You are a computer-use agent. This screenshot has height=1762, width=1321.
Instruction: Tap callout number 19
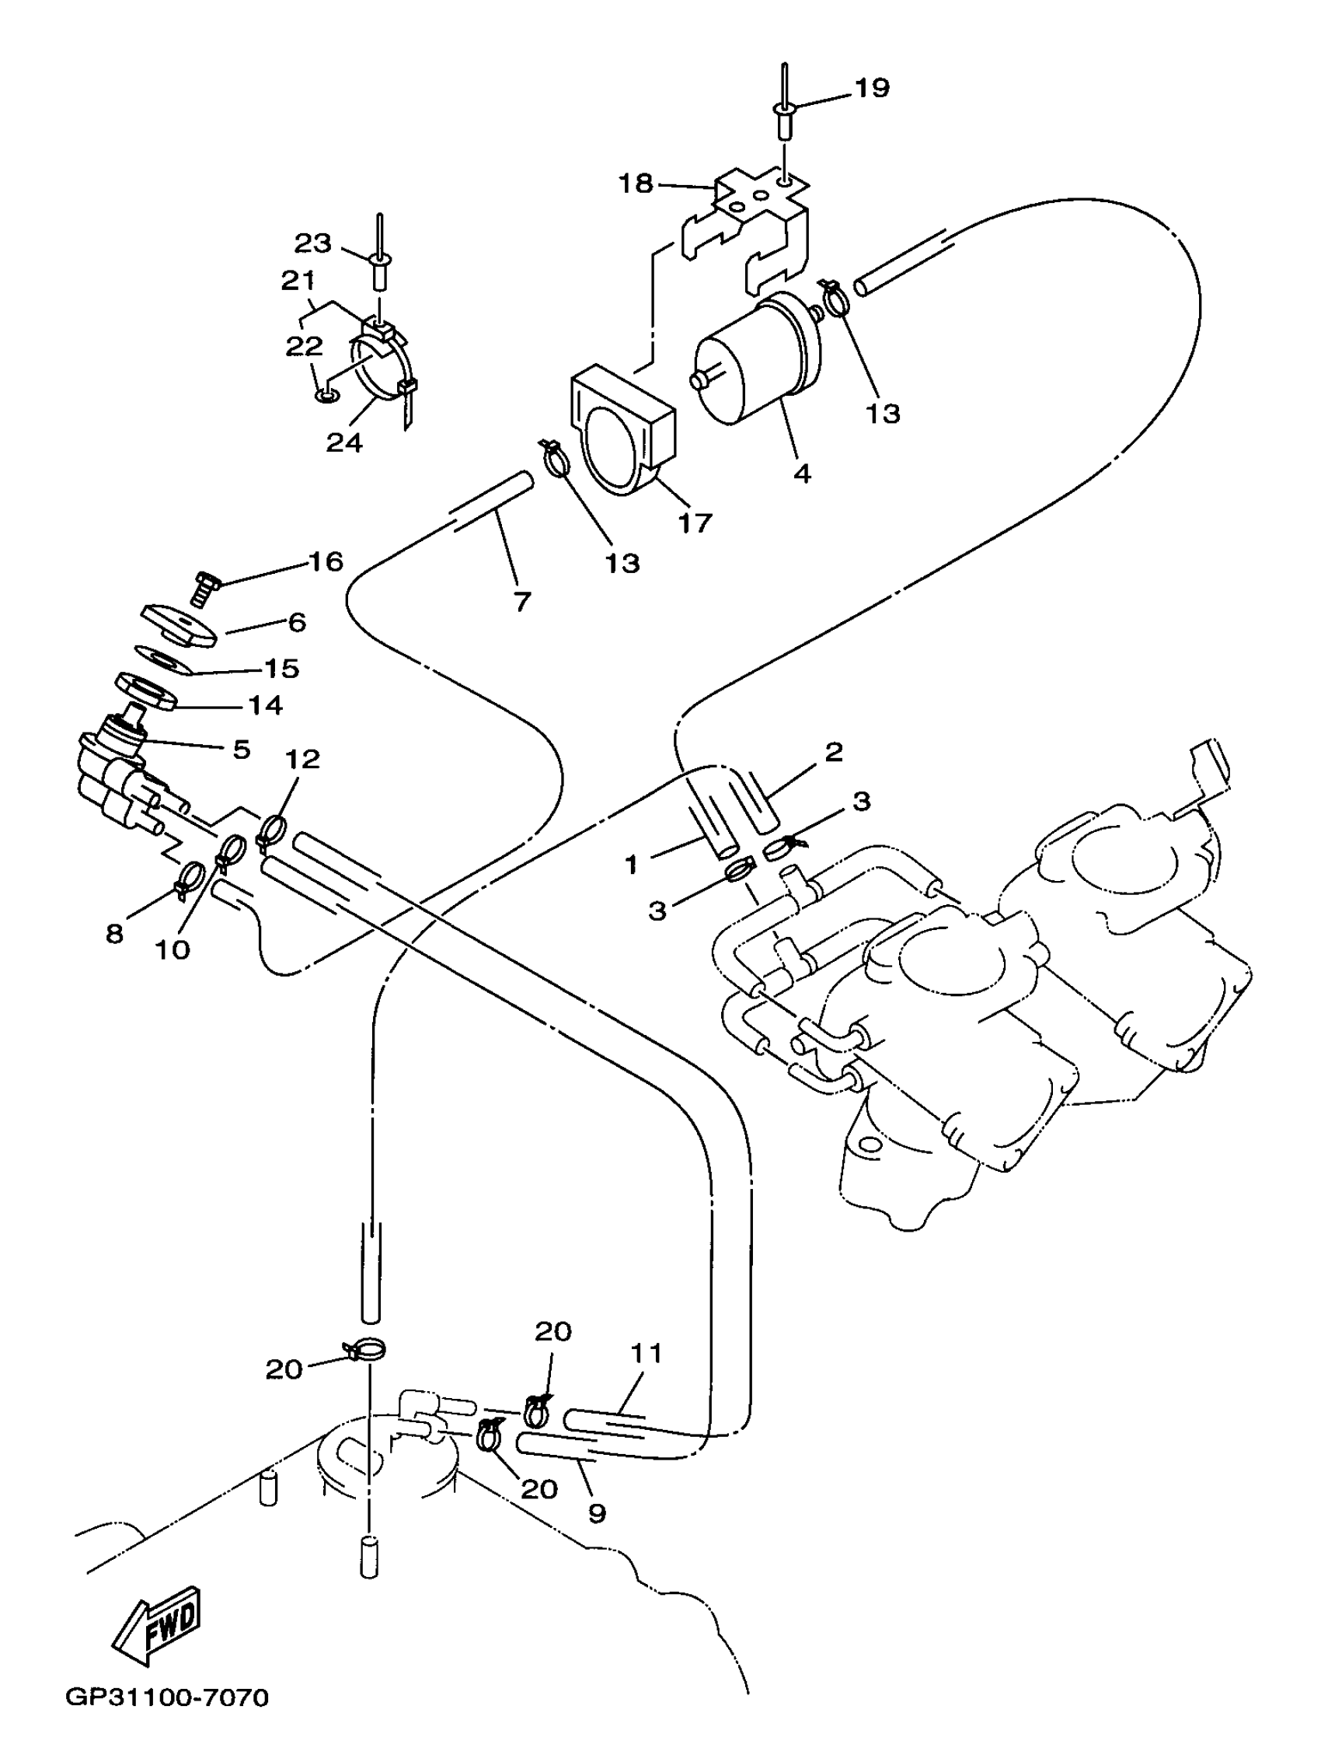pos(872,88)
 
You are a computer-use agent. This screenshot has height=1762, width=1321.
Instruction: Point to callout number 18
pos(636,184)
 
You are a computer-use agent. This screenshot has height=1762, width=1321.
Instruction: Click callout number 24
pos(344,443)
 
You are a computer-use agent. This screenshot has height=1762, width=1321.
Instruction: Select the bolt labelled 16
pos(205,593)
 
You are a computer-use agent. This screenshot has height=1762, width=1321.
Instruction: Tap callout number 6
pos(297,622)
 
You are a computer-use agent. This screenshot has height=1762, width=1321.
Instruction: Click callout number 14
pos(265,705)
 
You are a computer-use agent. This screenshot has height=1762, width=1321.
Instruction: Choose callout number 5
pos(241,750)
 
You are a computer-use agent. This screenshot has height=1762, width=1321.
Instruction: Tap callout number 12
pos(301,759)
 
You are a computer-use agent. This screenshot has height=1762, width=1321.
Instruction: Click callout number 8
pos(115,934)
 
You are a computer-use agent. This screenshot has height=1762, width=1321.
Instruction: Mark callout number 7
pos(521,601)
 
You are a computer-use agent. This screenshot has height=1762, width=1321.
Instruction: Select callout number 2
pos(834,751)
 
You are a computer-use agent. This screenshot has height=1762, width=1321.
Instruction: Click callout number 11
pos(647,1352)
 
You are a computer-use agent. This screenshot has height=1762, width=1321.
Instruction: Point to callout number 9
pos(597,1512)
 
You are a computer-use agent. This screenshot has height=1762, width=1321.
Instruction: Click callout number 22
pos(304,346)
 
